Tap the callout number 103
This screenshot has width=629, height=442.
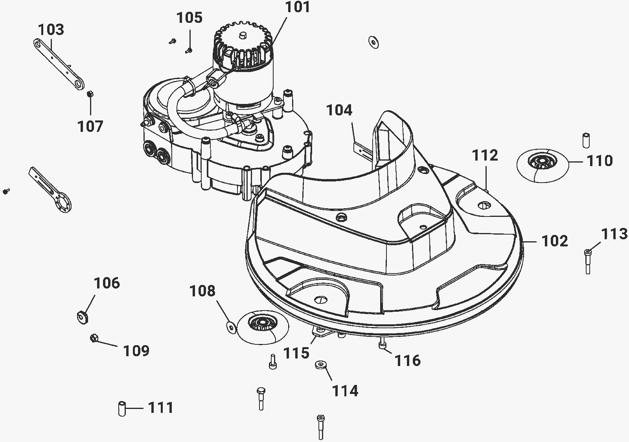pos(51,30)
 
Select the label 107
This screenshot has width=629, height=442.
pos(90,126)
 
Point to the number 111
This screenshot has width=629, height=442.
pos(160,408)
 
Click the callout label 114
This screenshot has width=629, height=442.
pos(345,391)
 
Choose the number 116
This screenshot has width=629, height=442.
pos(408,361)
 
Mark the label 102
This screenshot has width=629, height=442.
pos(555,241)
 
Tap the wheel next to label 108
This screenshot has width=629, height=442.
pos(263,327)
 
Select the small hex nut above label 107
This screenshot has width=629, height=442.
pos(90,94)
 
